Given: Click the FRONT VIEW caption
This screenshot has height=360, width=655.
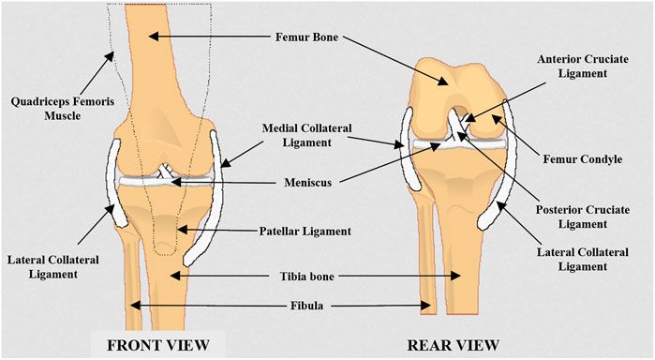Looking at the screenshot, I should tap(157, 343).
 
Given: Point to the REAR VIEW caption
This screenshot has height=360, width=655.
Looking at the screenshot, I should tap(454, 343).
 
